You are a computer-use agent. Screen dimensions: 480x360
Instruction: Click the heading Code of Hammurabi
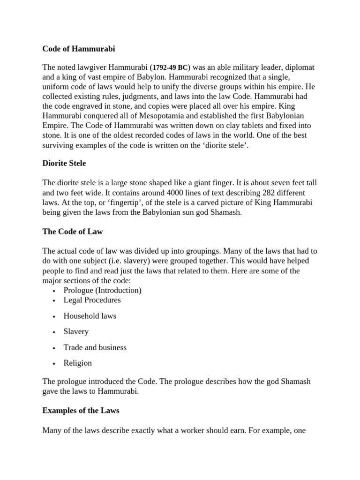[78, 49]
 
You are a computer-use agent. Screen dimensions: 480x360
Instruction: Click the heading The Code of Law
[73, 232]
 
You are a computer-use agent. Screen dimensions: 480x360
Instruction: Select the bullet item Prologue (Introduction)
[103, 290]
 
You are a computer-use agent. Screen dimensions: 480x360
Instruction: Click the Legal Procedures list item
[92, 300]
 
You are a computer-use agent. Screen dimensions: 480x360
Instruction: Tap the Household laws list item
[90, 316]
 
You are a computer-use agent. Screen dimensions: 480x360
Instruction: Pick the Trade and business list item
[95, 347]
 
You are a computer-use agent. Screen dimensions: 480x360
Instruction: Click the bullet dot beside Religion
[55, 364]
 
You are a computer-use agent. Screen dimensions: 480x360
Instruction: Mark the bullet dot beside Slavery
[55, 332]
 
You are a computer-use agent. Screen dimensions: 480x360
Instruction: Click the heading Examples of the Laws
[81, 411]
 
